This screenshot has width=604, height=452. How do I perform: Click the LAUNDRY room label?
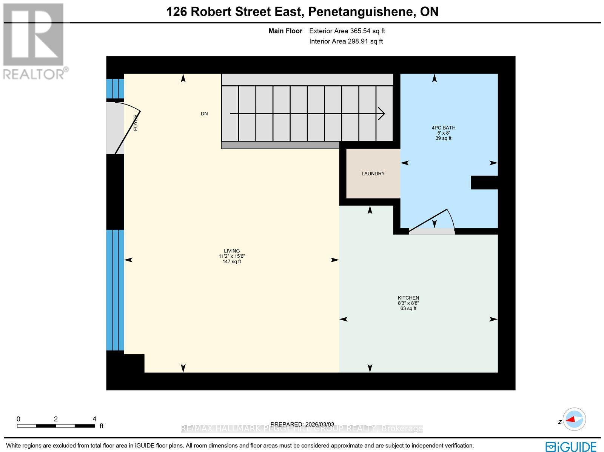(373, 174)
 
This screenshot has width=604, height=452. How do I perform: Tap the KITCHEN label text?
(408, 298)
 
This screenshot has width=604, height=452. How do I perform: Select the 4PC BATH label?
(444, 128)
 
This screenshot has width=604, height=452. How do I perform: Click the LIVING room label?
(232, 251)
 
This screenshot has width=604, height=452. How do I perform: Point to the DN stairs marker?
(204, 114)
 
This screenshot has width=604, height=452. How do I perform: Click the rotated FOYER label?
(136, 123)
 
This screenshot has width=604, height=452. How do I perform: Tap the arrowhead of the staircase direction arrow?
(382, 113)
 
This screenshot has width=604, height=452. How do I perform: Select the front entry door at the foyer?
(128, 132)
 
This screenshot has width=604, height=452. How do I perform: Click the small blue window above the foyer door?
(115, 88)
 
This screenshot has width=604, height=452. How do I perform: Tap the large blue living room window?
(115, 290)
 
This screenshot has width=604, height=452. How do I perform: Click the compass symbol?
(574, 419)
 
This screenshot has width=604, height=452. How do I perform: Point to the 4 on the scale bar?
(94, 419)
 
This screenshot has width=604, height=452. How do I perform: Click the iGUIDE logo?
(571, 446)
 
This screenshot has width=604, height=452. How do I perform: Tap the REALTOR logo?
(35, 42)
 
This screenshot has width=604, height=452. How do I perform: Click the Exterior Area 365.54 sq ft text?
(347, 31)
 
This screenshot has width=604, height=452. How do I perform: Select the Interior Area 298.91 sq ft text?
(346, 42)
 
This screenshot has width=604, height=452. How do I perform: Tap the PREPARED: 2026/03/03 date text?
(302, 424)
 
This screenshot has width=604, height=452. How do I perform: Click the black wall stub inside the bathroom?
(484, 183)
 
